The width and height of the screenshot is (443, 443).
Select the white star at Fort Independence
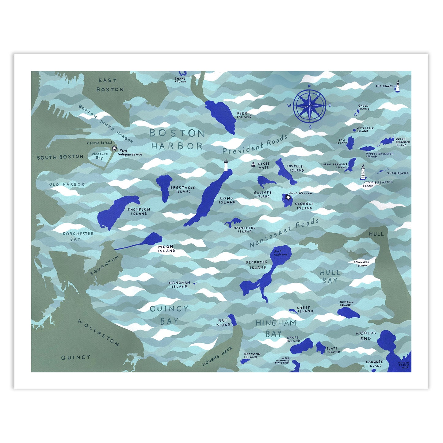click(114, 148)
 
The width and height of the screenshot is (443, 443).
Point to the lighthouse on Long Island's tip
click(226, 165)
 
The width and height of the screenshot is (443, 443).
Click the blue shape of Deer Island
click(221, 116)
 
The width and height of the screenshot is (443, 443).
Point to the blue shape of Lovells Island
click(285, 172)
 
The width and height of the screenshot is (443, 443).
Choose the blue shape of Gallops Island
click(265, 181)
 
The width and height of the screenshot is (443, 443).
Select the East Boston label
click(109, 85)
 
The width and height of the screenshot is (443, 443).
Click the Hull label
click(376, 234)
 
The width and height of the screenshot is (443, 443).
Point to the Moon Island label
click(166, 249)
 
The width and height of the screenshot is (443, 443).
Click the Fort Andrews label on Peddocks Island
click(280, 253)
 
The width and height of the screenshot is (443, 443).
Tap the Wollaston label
click(98, 332)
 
